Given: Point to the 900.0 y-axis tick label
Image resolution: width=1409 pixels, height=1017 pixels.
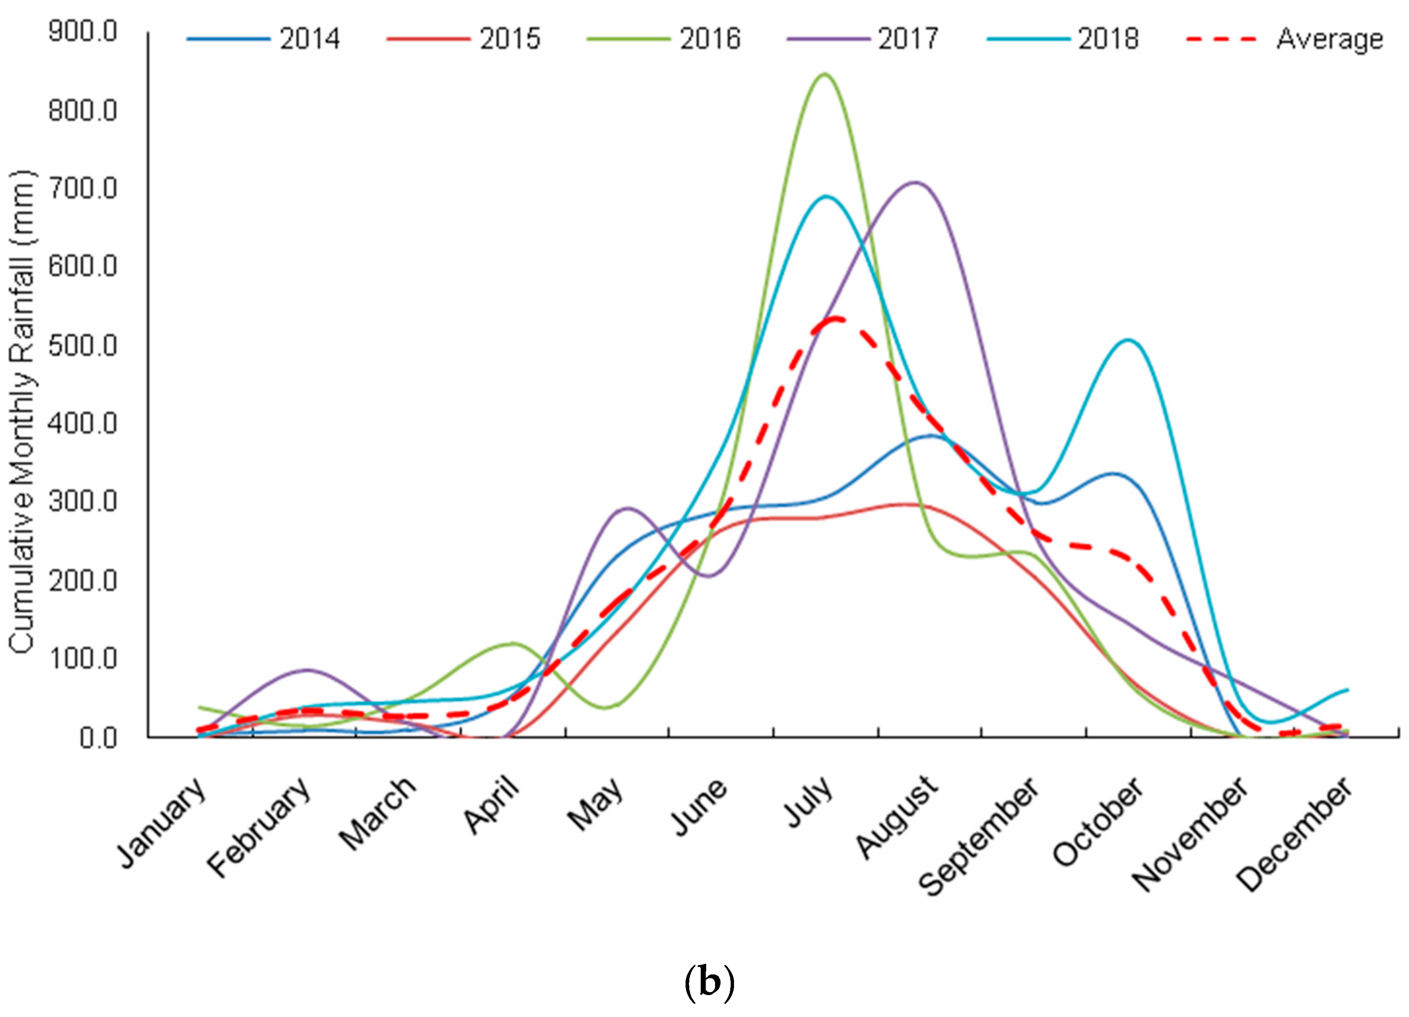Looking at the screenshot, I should pos(83,31).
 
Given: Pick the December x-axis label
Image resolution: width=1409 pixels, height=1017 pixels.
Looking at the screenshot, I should pos(1293,832).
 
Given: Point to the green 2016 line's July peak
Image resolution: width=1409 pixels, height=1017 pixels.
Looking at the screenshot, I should pos(824,75).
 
